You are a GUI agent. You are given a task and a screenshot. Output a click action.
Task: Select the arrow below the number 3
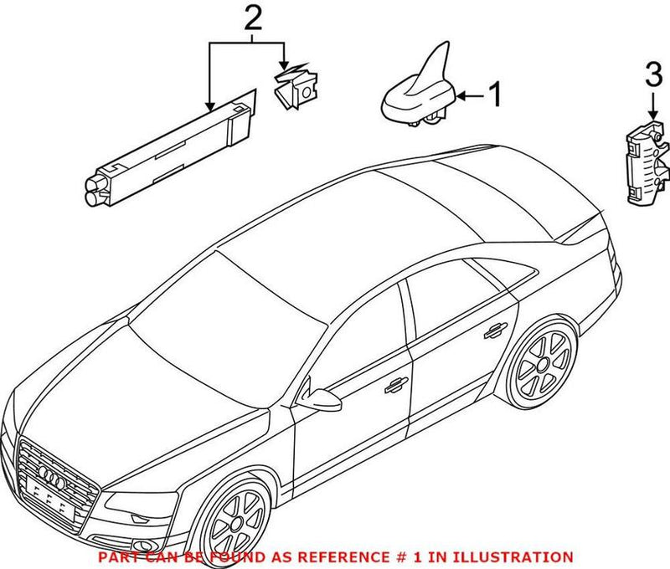coord(652,108)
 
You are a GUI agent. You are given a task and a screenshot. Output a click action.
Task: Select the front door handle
coord(390,384)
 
